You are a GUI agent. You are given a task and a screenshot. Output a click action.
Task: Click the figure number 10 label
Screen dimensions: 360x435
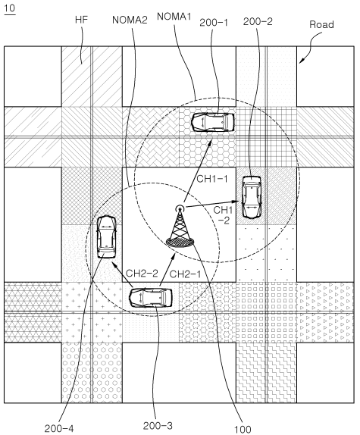pos(9,8)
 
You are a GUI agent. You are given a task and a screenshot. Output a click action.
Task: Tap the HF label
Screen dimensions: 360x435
pos(81,20)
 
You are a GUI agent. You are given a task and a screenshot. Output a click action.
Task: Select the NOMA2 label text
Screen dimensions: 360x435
pos(130,20)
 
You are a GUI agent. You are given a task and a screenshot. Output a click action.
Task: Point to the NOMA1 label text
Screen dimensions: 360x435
pos(174,17)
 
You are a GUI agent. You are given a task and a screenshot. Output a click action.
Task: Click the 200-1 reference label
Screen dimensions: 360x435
pos(214,23)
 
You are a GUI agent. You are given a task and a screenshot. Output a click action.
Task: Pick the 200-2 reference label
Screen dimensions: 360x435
pos(258,22)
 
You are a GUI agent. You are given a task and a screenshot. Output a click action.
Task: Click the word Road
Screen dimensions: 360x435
pos(321,25)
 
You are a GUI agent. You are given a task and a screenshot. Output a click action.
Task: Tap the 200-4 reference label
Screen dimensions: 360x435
pos(59,428)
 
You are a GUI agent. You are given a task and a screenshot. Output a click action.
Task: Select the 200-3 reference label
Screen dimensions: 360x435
pos(158,426)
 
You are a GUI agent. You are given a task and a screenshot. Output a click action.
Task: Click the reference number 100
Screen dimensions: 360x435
pos(243,430)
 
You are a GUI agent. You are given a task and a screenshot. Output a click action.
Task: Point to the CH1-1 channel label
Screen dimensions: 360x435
pos(212,179)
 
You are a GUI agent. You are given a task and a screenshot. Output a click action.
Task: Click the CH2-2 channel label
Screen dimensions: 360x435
pos(142,274)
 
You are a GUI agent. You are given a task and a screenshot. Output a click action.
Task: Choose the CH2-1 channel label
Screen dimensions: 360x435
pos(185,274)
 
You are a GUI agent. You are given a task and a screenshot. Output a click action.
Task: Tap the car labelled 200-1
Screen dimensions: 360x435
pos(213,122)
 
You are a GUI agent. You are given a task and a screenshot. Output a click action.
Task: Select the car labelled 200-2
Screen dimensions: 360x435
pos(252,197)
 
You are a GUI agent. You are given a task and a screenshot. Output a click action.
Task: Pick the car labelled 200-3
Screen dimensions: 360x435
pos(151,298)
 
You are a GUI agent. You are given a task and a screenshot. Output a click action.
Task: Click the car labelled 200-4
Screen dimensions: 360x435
pos(106,236)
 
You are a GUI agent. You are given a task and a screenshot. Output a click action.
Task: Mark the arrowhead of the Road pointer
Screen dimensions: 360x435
pos(301,62)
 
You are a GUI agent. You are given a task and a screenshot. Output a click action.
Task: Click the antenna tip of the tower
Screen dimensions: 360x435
pos(180,208)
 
